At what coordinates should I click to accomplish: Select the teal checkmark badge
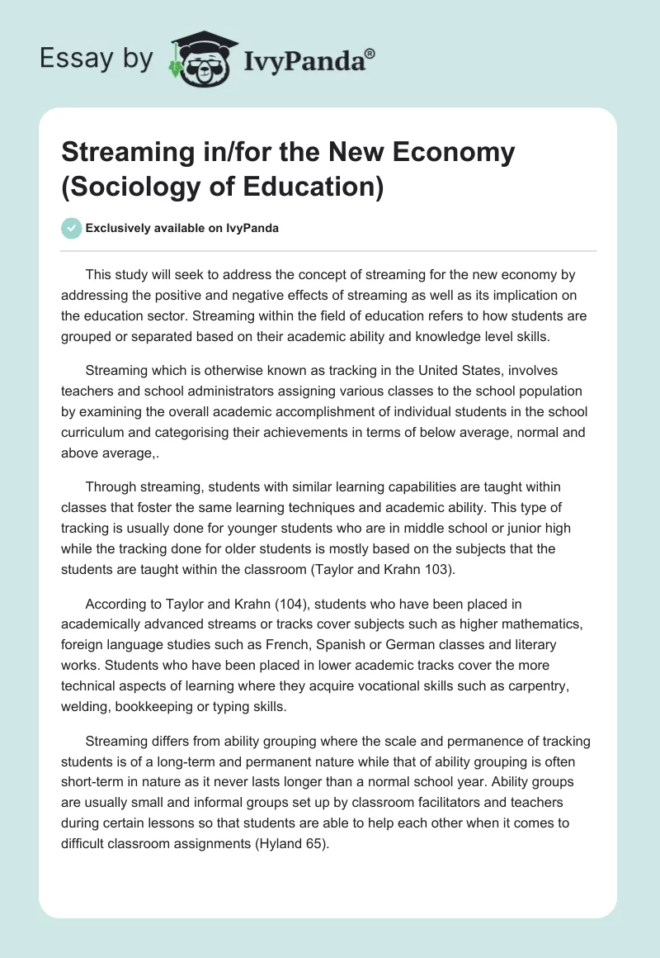point(72,228)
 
